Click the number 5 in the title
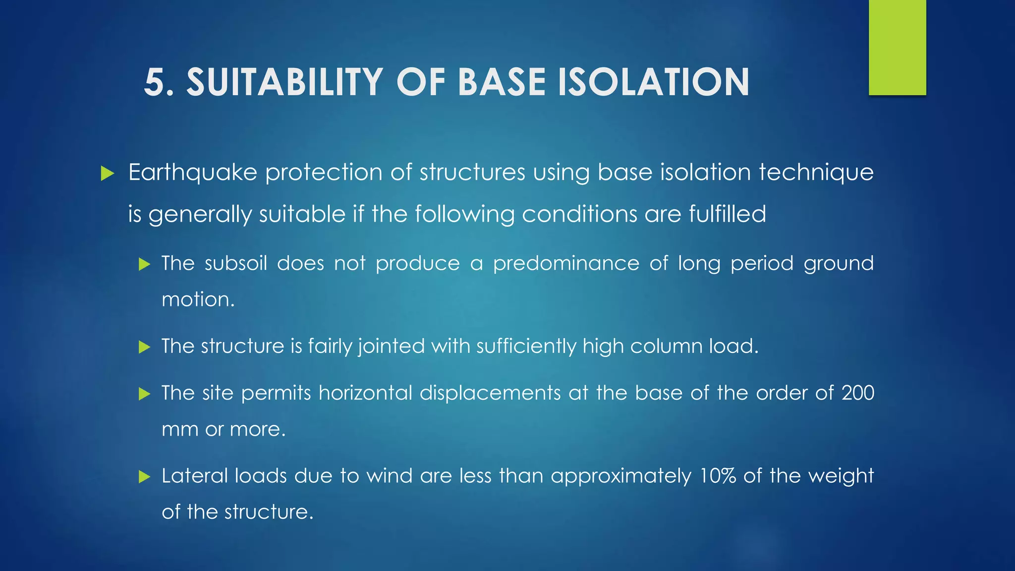155,82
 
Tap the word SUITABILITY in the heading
284,82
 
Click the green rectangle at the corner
897,47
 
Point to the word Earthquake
192,173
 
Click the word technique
816,173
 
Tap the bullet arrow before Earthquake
107,173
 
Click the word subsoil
236,263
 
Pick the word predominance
566,263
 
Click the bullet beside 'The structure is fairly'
144,346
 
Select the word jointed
392,346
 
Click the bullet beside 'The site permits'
144,394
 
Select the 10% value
717,476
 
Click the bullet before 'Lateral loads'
144,477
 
